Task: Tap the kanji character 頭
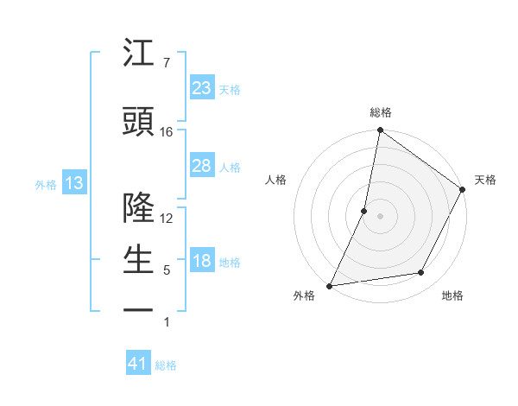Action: (139, 122)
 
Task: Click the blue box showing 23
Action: (202, 88)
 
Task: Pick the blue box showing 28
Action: (202, 167)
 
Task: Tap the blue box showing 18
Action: (202, 262)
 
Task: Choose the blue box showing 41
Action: (139, 365)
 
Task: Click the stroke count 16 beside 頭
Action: (167, 132)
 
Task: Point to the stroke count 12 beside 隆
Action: (167, 219)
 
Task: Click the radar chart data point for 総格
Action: (380, 130)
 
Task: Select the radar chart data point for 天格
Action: (463, 190)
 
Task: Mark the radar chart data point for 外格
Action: (329, 285)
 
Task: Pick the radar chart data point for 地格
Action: (421, 273)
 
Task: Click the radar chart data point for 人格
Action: (364, 211)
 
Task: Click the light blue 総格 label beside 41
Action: (166, 365)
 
